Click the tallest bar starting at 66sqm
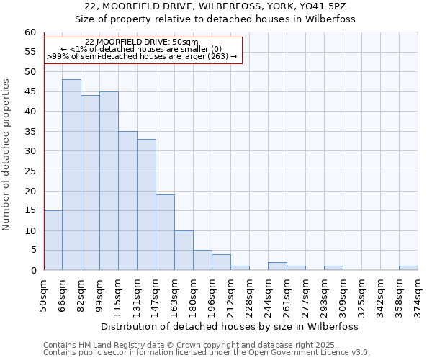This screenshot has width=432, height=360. click(71, 175)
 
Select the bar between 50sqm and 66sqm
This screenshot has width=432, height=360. click(53, 240)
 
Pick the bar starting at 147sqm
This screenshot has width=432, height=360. click(165, 233)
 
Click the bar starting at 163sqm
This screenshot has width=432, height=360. click(184, 251)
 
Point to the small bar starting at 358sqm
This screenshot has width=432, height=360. click(408, 268)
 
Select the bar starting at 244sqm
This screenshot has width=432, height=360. click(277, 266)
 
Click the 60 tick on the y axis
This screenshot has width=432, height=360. click(30, 32)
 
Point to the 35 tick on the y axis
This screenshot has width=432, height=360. click(30, 132)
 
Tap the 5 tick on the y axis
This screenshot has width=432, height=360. click(33, 251)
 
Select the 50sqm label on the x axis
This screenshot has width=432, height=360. click(44, 294)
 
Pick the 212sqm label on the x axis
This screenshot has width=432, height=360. click(231, 296)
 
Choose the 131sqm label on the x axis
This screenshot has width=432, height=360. click(138, 296)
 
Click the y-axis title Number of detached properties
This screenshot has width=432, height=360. click(7, 155)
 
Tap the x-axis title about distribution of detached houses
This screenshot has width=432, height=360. click(229, 326)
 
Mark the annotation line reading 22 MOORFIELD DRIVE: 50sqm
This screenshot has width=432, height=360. click(142, 42)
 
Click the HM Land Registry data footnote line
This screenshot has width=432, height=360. click(189, 345)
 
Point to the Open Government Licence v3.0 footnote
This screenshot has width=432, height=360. click(207, 353)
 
